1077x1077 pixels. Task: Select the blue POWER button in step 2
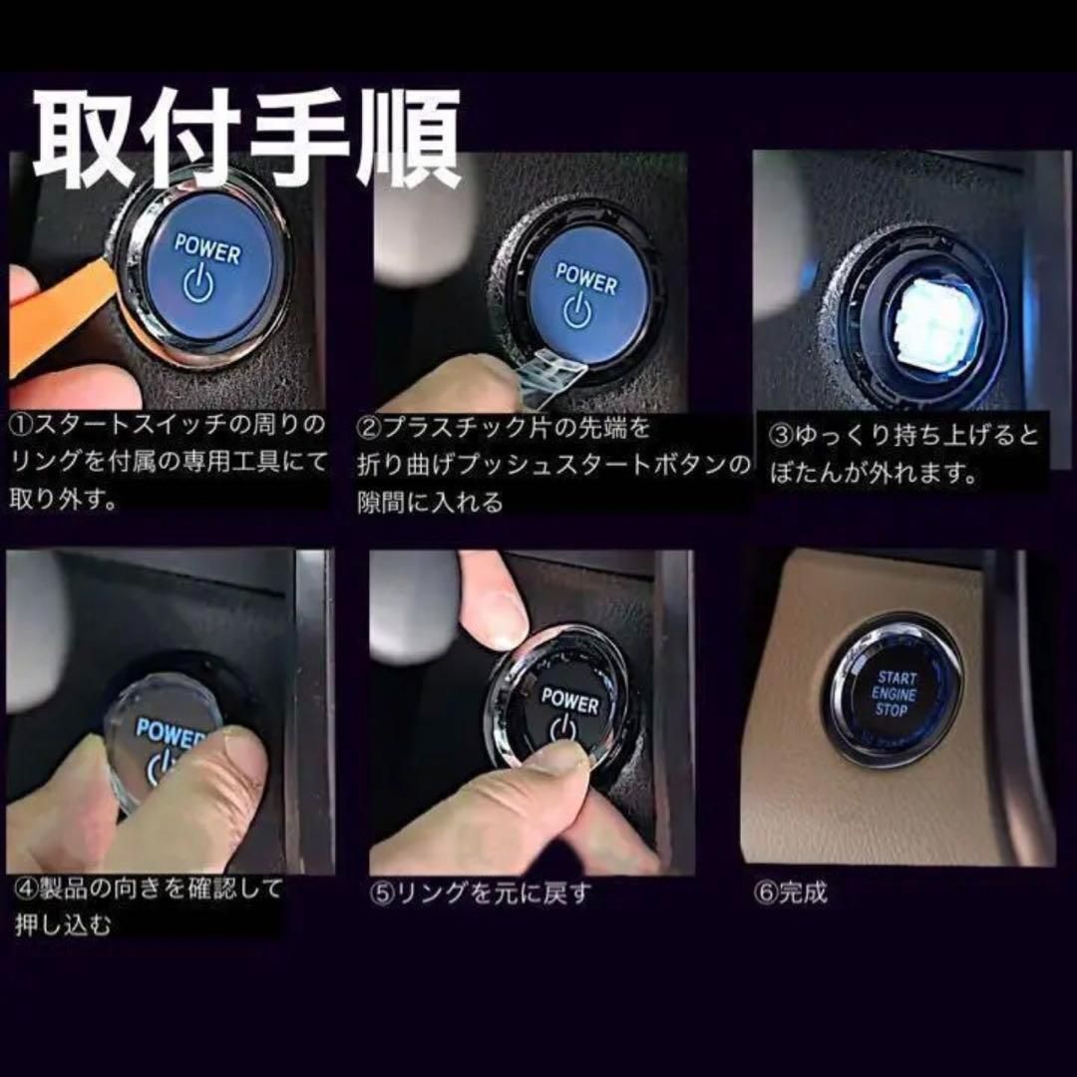coord(583,294)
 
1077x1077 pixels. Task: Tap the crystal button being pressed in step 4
coord(165,743)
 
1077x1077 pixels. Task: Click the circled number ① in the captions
coord(23,426)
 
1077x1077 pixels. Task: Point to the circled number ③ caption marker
coord(782,437)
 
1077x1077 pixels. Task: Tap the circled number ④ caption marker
coord(25,889)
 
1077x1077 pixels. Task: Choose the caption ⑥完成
coord(791,892)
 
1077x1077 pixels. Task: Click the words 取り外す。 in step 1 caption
coord(66,500)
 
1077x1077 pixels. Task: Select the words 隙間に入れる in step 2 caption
coord(430,502)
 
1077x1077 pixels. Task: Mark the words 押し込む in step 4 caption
coord(63,925)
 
